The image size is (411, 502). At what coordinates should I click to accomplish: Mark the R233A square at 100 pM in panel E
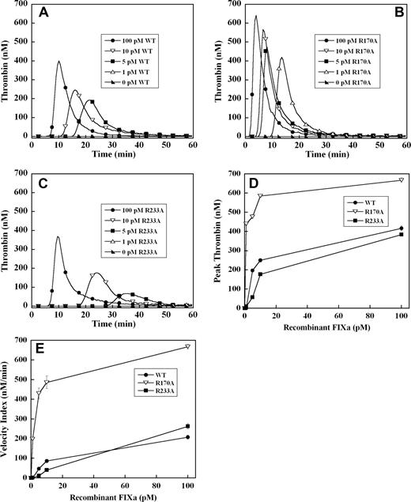point(187,426)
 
